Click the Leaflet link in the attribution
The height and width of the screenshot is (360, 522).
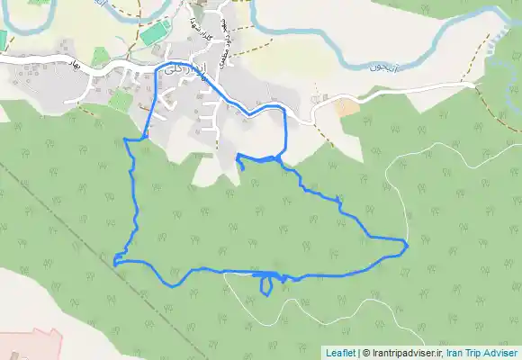(x=340, y=353)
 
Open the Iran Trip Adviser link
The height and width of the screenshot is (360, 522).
(x=481, y=353)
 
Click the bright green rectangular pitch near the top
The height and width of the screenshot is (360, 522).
(x=154, y=34)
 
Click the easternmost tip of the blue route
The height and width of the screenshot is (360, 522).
(x=408, y=244)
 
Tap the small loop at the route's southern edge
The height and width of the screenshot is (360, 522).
(x=267, y=285)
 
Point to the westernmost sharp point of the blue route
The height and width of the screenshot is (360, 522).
(x=114, y=263)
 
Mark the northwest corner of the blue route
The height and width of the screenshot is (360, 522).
(x=124, y=139)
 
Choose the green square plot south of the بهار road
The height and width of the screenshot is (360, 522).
(x=118, y=100)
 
